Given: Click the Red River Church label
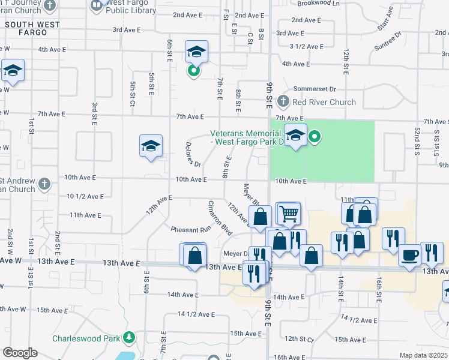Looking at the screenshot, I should pyautogui.click(x=324, y=102).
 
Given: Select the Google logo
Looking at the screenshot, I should pyautogui.click(x=20, y=353).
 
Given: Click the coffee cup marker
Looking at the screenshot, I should pyautogui.click(x=411, y=254).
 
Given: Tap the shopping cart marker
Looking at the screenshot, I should pyautogui.click(x=289, y=213).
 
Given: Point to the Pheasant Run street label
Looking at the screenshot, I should pyautogui.click(x=191, y=229).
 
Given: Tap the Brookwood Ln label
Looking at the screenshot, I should pyautogui.click(x=318, y=3).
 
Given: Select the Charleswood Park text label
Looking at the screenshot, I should pyautogui.click(x=86, y=338).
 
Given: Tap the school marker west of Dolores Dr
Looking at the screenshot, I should pyautogui.click(x=151, y=146).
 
